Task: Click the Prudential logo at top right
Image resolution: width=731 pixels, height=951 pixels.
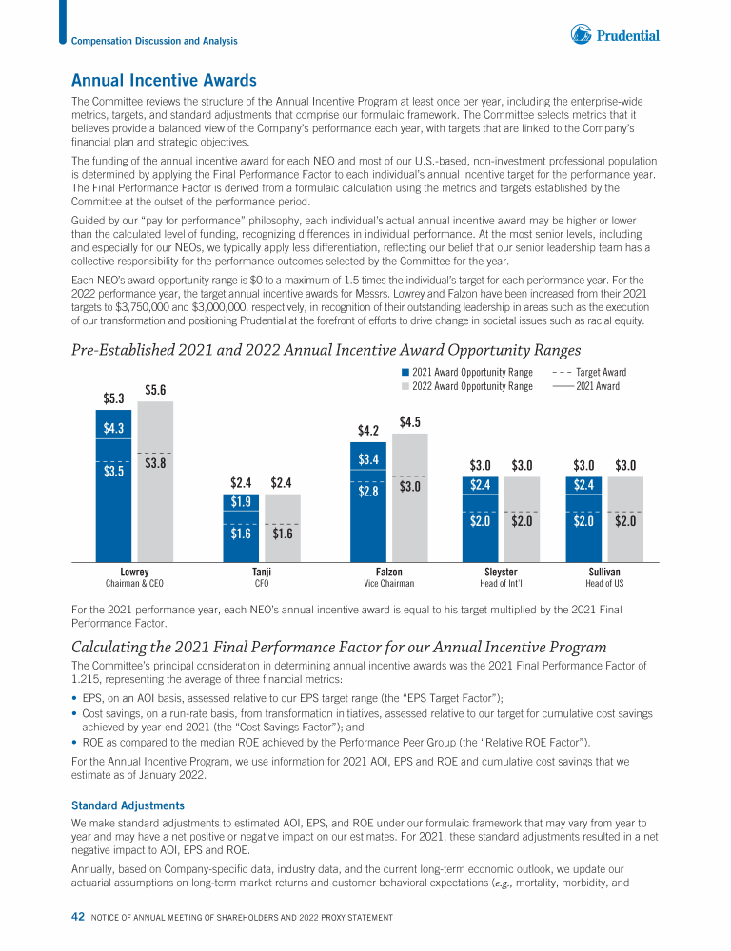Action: pos(614,36)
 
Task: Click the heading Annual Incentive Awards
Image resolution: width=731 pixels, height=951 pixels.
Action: pos(164,81)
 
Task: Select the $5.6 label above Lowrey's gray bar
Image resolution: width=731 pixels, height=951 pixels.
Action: pos(156,389)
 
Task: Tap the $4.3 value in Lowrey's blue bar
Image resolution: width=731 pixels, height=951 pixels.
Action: pos(113,429)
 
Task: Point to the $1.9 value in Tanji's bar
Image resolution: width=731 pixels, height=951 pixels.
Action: pos(241,501)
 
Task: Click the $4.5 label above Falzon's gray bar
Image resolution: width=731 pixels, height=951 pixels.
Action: pos(410,421)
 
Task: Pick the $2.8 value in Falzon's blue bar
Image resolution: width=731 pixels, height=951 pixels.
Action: pos(368,493)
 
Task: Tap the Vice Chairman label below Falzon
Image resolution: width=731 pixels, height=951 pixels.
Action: pos(389,583)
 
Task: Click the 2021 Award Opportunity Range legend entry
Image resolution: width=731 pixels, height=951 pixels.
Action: pos(466,373)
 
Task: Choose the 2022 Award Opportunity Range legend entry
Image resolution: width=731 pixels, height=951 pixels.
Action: pos(466,387)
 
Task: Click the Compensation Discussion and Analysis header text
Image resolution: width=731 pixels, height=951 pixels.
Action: pos(155,41)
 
